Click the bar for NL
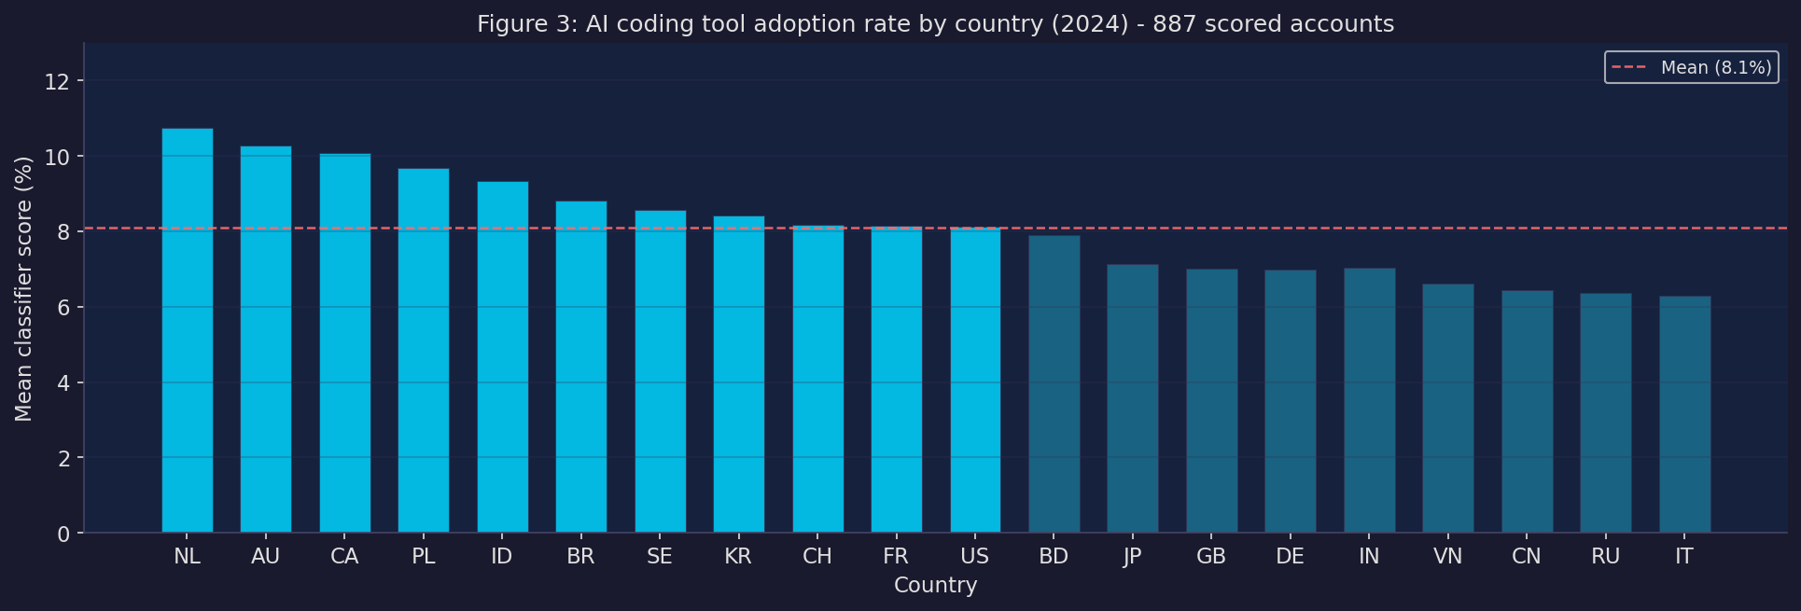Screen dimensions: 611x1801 (187, 331)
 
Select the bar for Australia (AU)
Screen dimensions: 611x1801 (266, 340)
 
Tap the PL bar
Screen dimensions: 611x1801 (424, 351)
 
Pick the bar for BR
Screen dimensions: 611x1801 (581, 368)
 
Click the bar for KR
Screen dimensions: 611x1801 (739, 375)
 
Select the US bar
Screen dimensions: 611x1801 (975, 381)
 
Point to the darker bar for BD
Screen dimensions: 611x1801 (1054, 384)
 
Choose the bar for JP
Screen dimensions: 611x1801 (1133, 399)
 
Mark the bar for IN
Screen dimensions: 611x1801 (1369, 401)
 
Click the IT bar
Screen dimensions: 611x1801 (1684, 415)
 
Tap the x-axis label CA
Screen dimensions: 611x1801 (344, 557)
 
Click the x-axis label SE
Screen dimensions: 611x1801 (660, 557)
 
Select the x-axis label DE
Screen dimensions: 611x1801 (1290, 557)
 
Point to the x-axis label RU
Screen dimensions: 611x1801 (1605, 557)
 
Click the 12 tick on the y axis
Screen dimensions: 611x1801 (57, 81)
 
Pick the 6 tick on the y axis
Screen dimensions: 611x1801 (63, 308)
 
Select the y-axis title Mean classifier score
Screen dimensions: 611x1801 (24, 288)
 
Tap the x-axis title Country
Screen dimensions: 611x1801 (935, 586)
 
